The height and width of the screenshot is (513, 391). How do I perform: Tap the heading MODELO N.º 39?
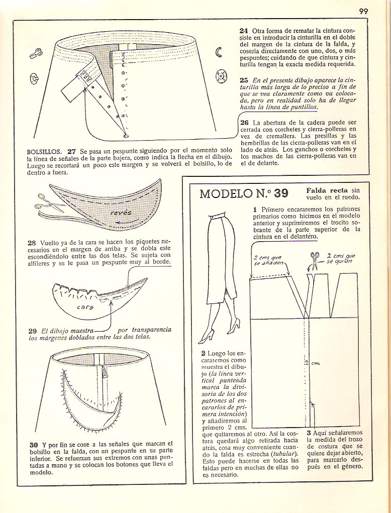point(244,193)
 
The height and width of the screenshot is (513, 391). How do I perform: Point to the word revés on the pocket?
point(120,213)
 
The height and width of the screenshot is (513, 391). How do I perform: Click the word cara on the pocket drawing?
point(85,306)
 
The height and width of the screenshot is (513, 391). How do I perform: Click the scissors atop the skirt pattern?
point(315,257)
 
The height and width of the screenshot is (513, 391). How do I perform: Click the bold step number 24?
point(244,31)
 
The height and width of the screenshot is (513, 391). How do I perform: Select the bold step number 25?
point(244,79)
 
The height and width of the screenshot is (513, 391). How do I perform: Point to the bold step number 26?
point(244,122)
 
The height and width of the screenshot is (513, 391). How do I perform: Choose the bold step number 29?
point(33,331)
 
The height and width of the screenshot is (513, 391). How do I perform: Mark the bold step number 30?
point(33,444)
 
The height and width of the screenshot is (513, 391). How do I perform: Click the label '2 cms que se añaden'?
point(268,260)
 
